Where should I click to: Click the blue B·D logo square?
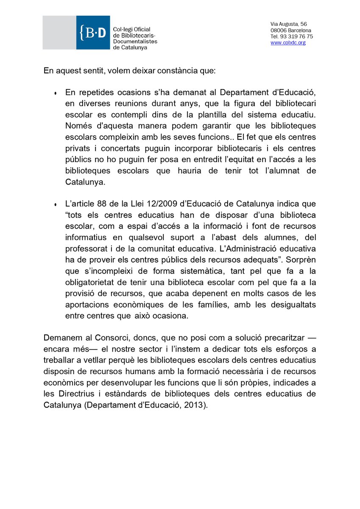tap(93, 33)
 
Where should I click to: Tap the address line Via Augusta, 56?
tap(289, 24)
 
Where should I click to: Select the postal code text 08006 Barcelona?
tap(291, 30)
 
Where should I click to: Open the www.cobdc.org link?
tap(288, 43)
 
